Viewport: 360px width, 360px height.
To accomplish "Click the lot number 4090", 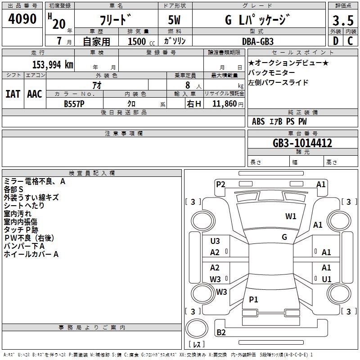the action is tap(22, 19).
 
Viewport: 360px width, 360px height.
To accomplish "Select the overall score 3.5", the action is tap(342, 21).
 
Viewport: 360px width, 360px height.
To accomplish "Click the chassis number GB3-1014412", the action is tap(303, 143).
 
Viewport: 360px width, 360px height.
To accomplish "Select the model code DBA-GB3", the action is tap(258, 41).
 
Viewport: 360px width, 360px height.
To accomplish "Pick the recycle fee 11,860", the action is tap(225, 103).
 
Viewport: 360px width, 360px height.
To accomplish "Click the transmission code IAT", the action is tap(13, 94).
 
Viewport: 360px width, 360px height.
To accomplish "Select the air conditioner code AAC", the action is tap(35, 94).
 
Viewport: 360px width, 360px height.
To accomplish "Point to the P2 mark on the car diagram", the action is tap(220, 184).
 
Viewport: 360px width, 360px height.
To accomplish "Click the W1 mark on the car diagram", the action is tap(291, 216).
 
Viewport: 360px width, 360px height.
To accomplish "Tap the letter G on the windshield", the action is tap(284, 237).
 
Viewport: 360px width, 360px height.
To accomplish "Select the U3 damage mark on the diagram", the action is tap(215, 241).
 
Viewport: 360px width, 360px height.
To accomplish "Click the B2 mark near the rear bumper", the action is tap(221, 333).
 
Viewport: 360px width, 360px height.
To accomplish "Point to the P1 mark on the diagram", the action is tap(254, 300).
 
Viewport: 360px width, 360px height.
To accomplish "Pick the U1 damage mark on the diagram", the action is tap(327, 279).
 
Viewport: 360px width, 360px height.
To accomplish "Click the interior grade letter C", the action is tap(350, 41).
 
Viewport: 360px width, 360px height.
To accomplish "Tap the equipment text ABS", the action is tap(258, 121).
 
